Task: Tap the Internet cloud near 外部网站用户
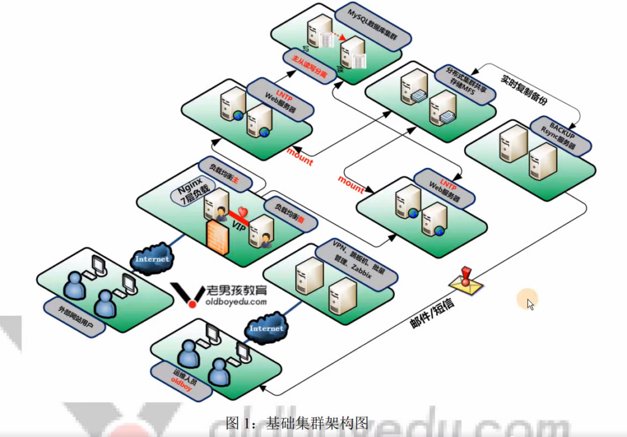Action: click(x=152, y=258)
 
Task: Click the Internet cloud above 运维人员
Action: click(x=266, y=327)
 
